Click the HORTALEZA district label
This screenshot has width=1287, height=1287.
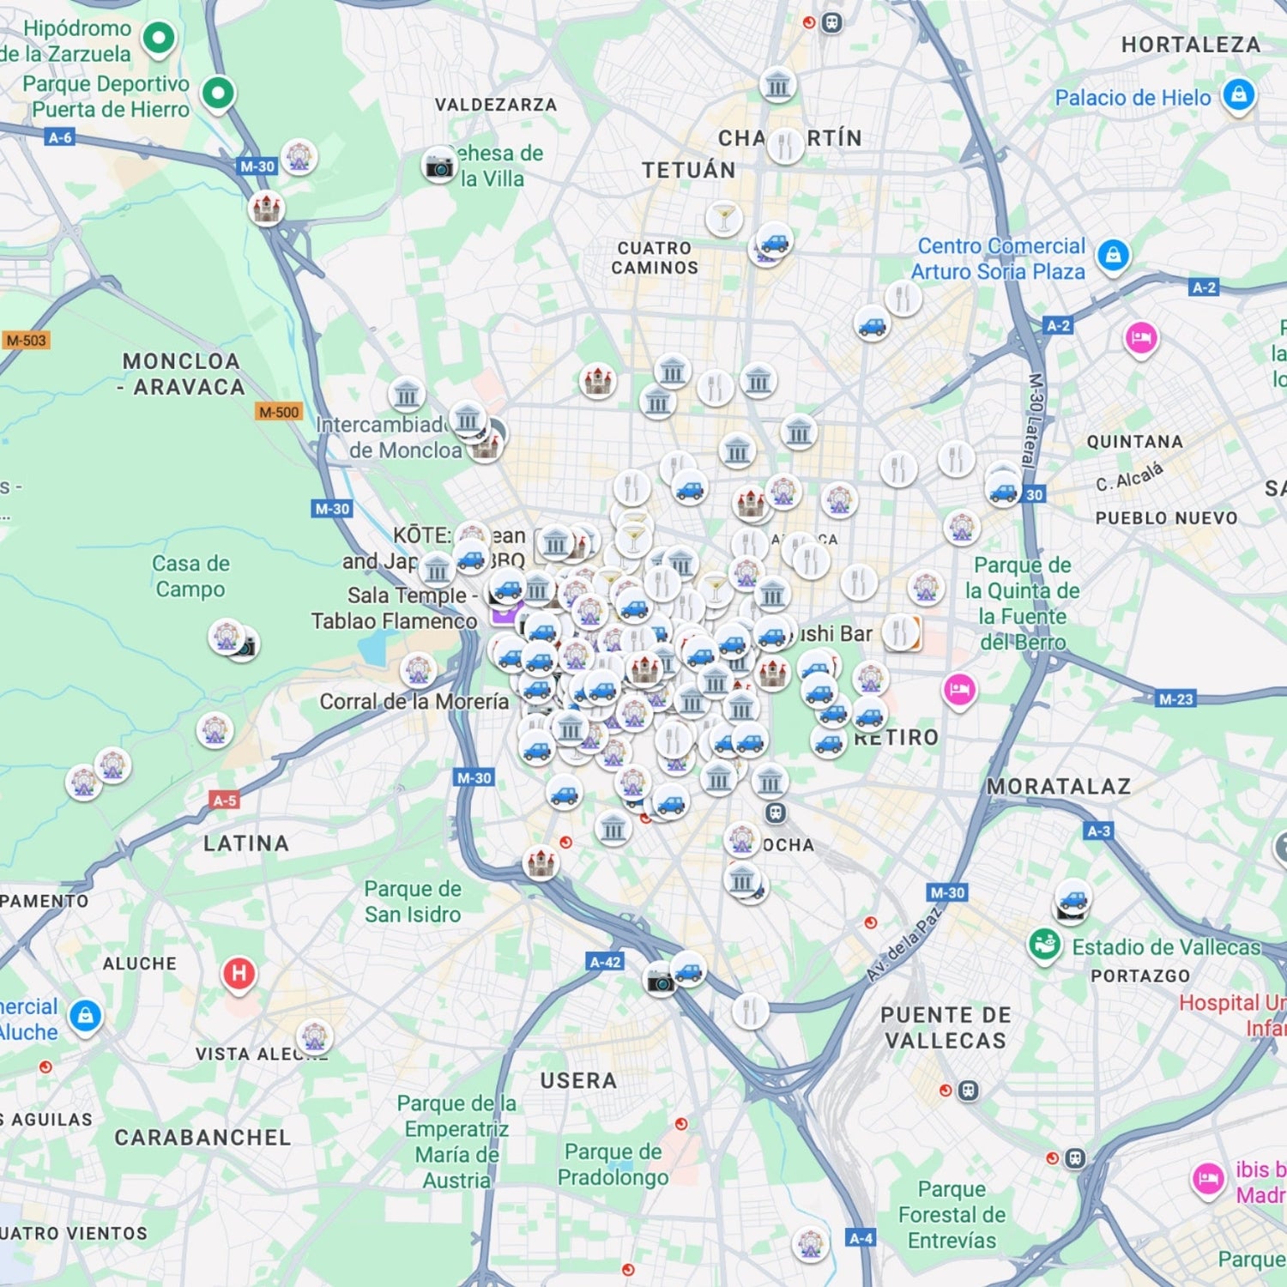pyautogui.click(x=1190, y=45)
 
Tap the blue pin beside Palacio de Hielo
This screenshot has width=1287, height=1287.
pyautogui.click(x=1238, y=94)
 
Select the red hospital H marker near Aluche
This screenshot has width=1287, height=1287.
pyautogui.click(x=239, y=974)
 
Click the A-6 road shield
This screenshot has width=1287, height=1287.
pyautogui.click(x=60, y=137)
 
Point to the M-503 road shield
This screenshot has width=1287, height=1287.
pyautogui.click(x=26, y=341)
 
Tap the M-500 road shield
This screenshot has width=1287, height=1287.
pyautogui.click(x=279, y=412)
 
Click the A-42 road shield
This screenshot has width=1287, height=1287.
pyautogui.click(x=605, y=962)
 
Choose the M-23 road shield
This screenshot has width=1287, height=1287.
pyautogui.click(x=1175, y=699)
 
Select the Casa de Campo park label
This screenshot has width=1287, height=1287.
pyautogui.click(x=190, y=576)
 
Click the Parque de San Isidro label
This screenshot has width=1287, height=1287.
pyautogui.click(x=413, y=901)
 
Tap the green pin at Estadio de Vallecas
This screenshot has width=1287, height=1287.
pyautogui.click(x=1044, y=945)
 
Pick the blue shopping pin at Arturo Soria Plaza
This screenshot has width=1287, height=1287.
pyautogui.click(x=1113, y=255)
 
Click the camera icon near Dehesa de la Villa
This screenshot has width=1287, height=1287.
pyautogui.click(x=439, y=166)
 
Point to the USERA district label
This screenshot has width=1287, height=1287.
pyautogui.click(x=578, y=1080)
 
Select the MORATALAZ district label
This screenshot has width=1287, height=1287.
pyautogui.click(x=1058, y=786)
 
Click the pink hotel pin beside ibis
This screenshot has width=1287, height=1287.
pyautogui.click(x=1207, y=1177)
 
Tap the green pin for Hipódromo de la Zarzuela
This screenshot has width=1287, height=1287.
pyautogui.click(x=159, y=38)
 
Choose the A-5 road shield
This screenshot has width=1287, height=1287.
pyautogui.click(x=224, y=801)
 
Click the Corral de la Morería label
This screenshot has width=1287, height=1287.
pyautogui.click(x=414, y=701)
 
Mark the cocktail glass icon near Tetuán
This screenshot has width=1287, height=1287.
pyautogui.click(x=723, y=218)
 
